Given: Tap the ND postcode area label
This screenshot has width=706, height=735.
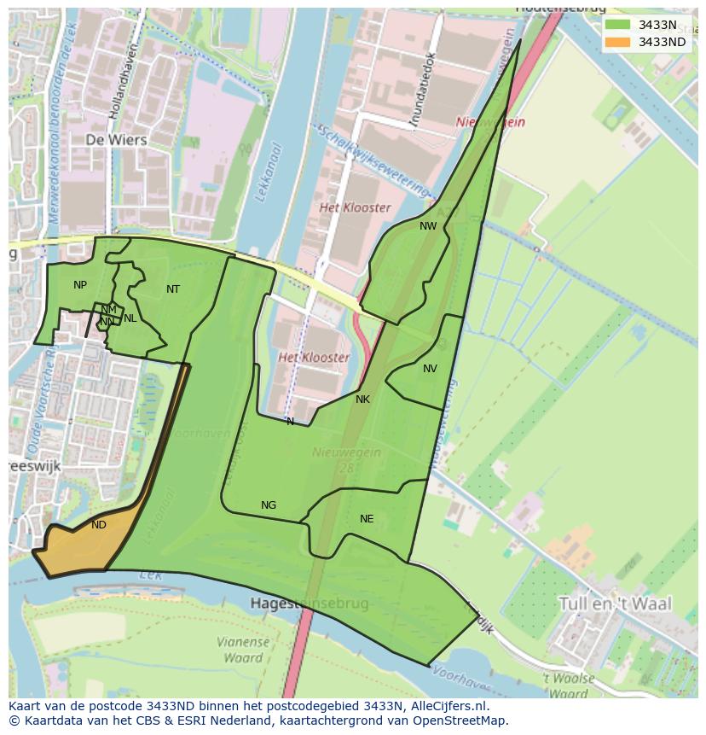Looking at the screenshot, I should pos(99,525).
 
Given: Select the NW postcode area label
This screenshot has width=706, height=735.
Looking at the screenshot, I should pos(428,226).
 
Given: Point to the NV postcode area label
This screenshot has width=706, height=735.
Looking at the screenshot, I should pos(430,369).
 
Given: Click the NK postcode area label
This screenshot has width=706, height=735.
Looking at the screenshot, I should pos(362,400).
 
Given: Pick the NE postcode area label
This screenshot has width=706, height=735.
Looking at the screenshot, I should pos(367,519).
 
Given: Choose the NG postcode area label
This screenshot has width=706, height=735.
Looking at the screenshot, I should pos(269,505).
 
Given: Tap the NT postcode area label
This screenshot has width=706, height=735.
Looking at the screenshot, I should pos(173,289).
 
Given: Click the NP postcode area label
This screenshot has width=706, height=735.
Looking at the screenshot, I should pos(80,285).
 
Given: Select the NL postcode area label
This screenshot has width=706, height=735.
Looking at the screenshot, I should pos(130,318).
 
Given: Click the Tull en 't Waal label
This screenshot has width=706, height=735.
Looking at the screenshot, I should pos(614,604).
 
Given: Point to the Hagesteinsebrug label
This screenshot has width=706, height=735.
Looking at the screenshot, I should pos(310,604).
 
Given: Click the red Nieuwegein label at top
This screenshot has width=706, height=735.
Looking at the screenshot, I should pos(490,122).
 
